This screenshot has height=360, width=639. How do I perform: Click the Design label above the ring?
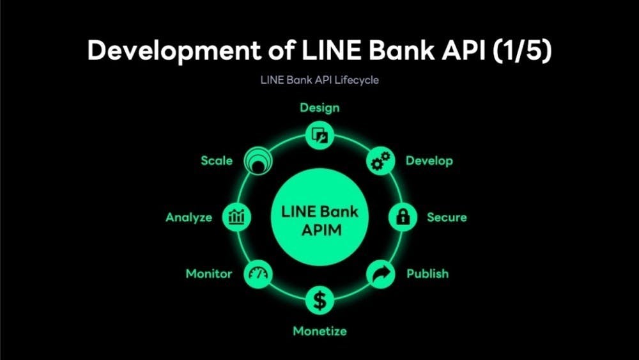coord(319,107)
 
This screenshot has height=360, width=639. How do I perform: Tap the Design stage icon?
coord(319,135)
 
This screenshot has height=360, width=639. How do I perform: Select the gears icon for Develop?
coord(380,161)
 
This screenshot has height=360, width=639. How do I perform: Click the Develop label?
coord(429,160)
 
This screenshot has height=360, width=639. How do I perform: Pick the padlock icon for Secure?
coord(403,217)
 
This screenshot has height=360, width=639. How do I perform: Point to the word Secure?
coord(447,217)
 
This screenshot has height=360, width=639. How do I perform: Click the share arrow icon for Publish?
coord(380,274)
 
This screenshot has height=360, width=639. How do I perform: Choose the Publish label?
coord(427,274)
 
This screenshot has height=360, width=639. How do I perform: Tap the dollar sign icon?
coord(319,299)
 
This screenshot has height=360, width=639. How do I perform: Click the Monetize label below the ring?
coord(319,331)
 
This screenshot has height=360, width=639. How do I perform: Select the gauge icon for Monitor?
coord(260,274)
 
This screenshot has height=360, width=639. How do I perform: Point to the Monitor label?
coord(209,274)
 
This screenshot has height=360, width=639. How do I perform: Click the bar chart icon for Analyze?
coord(236,217)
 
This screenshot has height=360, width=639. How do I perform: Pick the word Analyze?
coord(189,217)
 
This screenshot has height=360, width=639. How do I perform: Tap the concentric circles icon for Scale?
coord(260,161)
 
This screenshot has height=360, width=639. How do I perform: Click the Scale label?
coord(217,160)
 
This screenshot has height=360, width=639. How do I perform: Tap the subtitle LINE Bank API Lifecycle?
coord(319,81)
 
